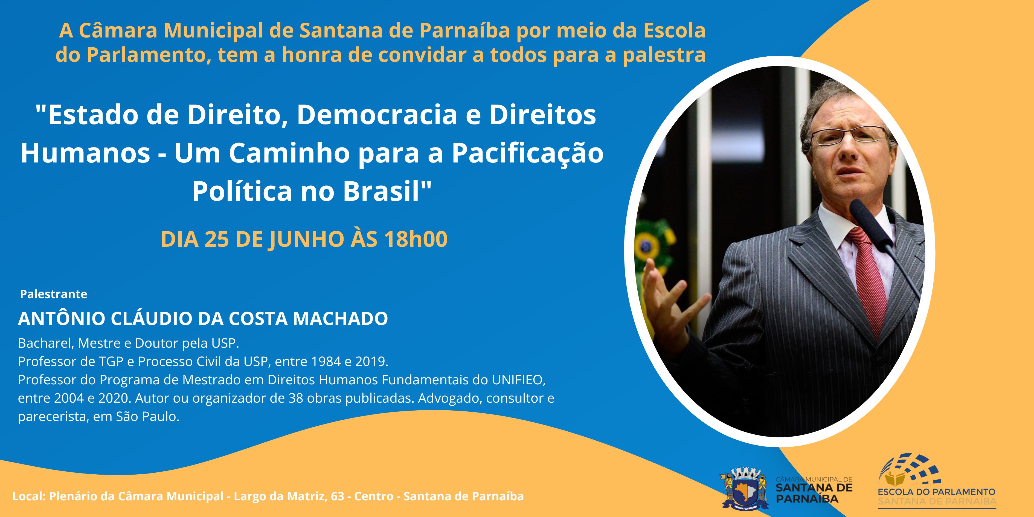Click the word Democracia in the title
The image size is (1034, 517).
coord(377,115)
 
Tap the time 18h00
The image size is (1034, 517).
coord(416,239)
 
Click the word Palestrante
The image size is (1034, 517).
coord(54,294)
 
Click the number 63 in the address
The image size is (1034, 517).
coord(338,496)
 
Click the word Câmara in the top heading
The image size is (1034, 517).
coord(118,31)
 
